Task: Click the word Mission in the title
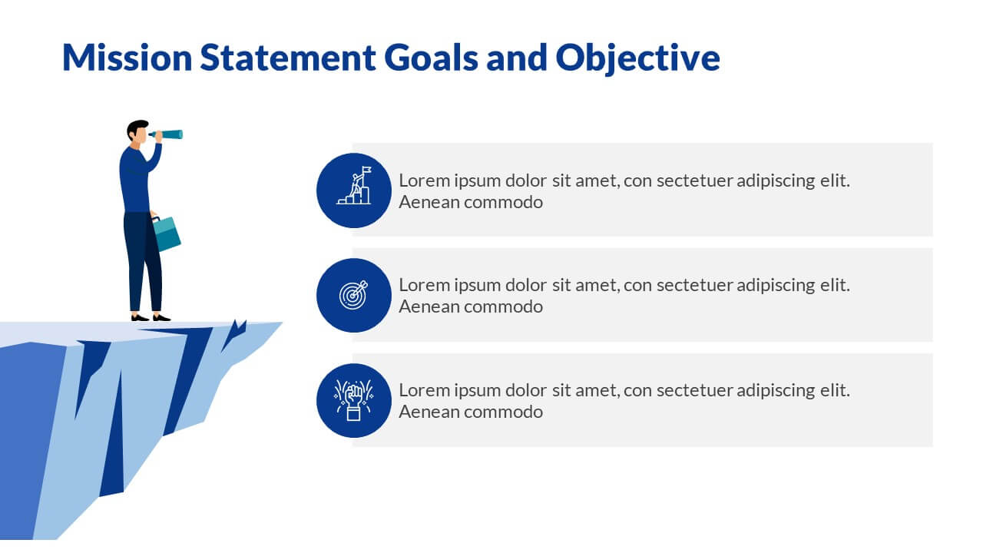click(x=127, y=57)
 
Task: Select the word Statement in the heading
click(x=288, y=57)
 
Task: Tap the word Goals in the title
click(x=431, y=57)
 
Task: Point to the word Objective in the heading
click(x=637, y=59)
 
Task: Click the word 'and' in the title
click(x=517, y=57)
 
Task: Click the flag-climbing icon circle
click(x=354, y=190)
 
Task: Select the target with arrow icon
click(x=354, y=295)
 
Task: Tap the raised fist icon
click(x=354, y=400)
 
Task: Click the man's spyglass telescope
click(x=167, y=134)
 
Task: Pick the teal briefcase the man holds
click(x=166, y=234)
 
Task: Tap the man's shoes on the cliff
click(x=151, y=318)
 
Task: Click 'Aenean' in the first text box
click(x=429, y=202)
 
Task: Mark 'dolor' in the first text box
click(x=526, y=180)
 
